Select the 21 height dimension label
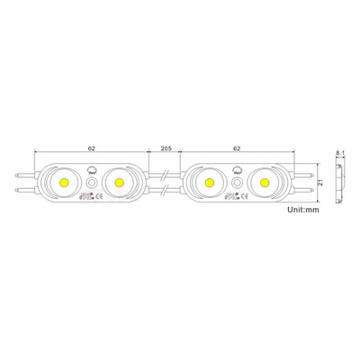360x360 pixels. click(320, 182)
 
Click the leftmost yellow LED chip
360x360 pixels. click(67, 182)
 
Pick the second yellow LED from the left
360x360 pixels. click(118, 182)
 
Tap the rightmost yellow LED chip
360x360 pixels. click(265, 182)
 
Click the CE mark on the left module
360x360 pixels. click(101, 195)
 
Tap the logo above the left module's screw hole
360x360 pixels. click(92, 168)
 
